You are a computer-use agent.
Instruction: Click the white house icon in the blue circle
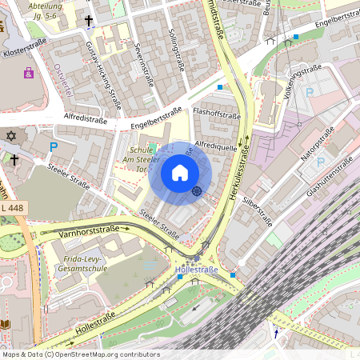click(x=180, y=172)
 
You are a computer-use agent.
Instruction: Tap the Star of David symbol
click(x=11, y=137)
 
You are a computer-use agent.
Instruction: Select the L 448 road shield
click(x=14, y=208)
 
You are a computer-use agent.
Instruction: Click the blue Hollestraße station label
click(x=197, y=270)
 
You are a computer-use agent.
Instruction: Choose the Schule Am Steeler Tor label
click(x=145, y=157)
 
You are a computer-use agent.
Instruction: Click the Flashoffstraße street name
click(x=217, y=114)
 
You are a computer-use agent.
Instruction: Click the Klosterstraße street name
click(x=25, y=50)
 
